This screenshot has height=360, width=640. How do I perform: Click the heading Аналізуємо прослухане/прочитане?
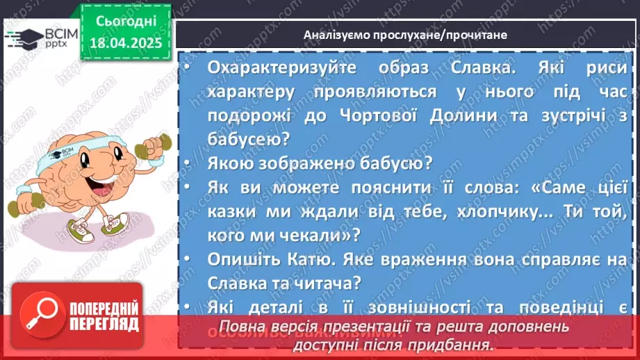(x=405, y=34)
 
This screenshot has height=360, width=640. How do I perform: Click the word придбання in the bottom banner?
(x=460, y=344)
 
